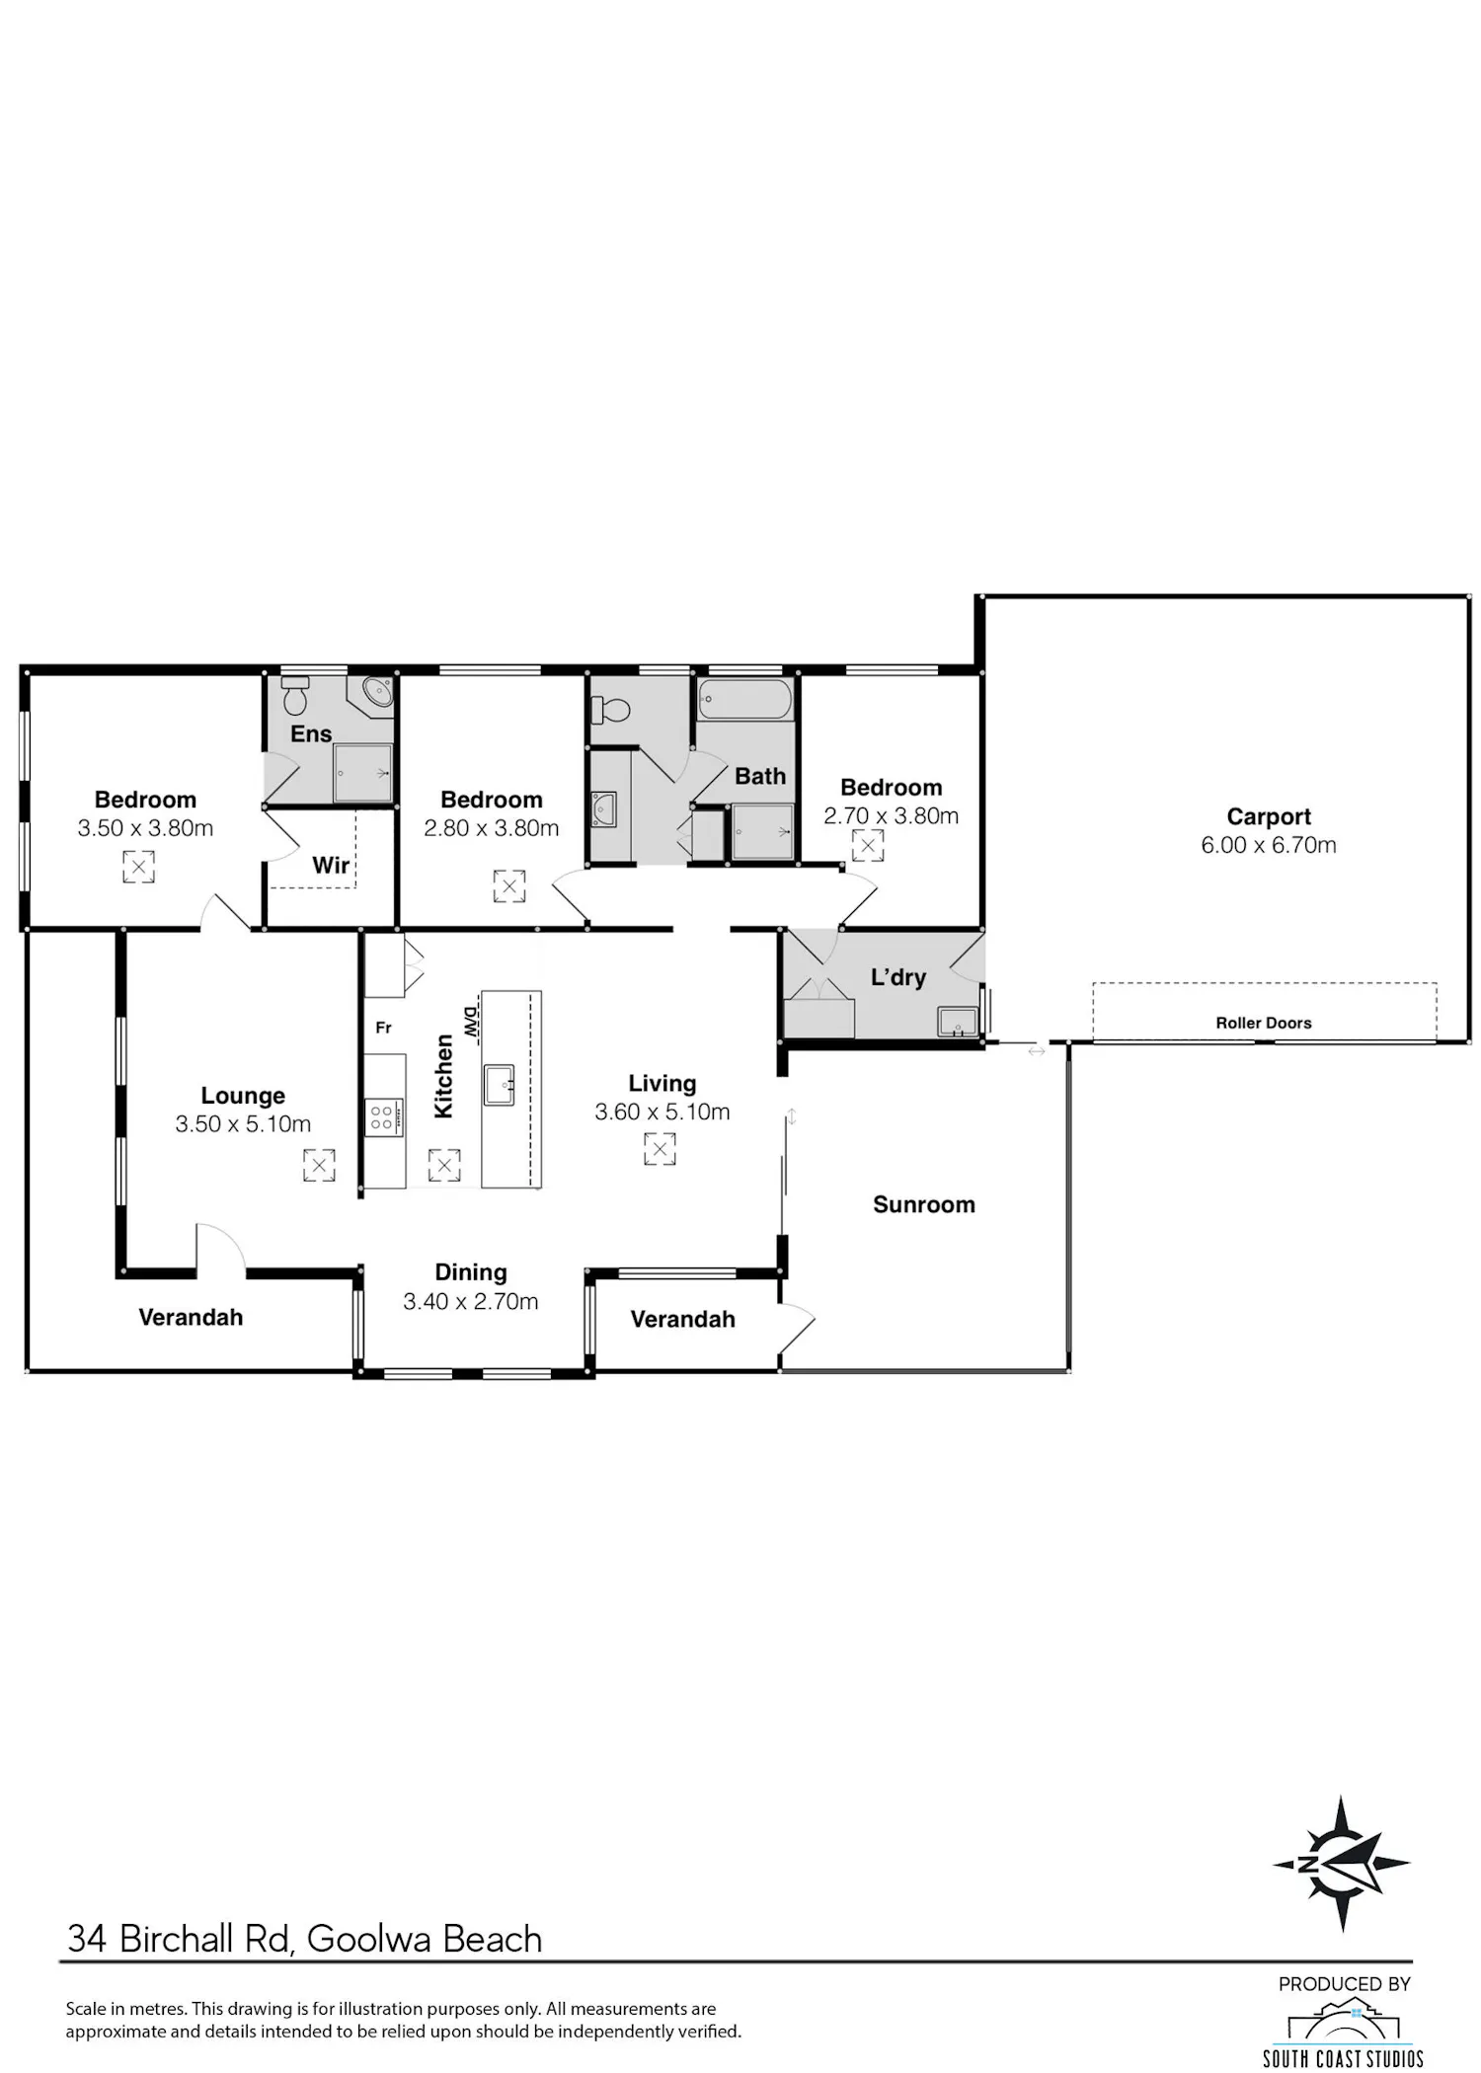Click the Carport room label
1269,816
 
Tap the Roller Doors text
1264,1023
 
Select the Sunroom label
924,1204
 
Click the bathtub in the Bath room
745,700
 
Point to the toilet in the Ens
294,696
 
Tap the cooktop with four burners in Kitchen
385,1117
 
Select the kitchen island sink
500,1085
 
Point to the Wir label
331,866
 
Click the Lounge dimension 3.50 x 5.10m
243,1123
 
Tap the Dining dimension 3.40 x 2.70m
471,1301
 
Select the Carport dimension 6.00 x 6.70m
1269,845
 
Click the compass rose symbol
1341,1864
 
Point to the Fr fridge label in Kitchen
384,1028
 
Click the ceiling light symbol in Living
660,1149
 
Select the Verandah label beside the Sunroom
683,1319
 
